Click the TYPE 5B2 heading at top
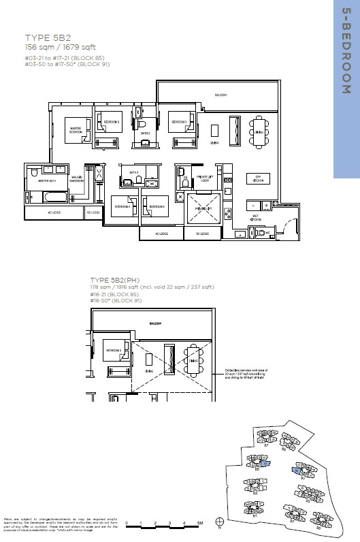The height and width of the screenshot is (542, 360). point(45,38)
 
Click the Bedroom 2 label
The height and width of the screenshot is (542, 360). point(112,122)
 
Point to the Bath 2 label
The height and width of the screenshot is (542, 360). point(145,133)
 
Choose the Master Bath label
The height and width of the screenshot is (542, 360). point(47,181)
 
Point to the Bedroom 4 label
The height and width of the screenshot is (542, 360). point(122,206)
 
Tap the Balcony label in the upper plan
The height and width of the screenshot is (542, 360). point(220,95)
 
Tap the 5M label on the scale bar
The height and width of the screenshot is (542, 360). point(199,523)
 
